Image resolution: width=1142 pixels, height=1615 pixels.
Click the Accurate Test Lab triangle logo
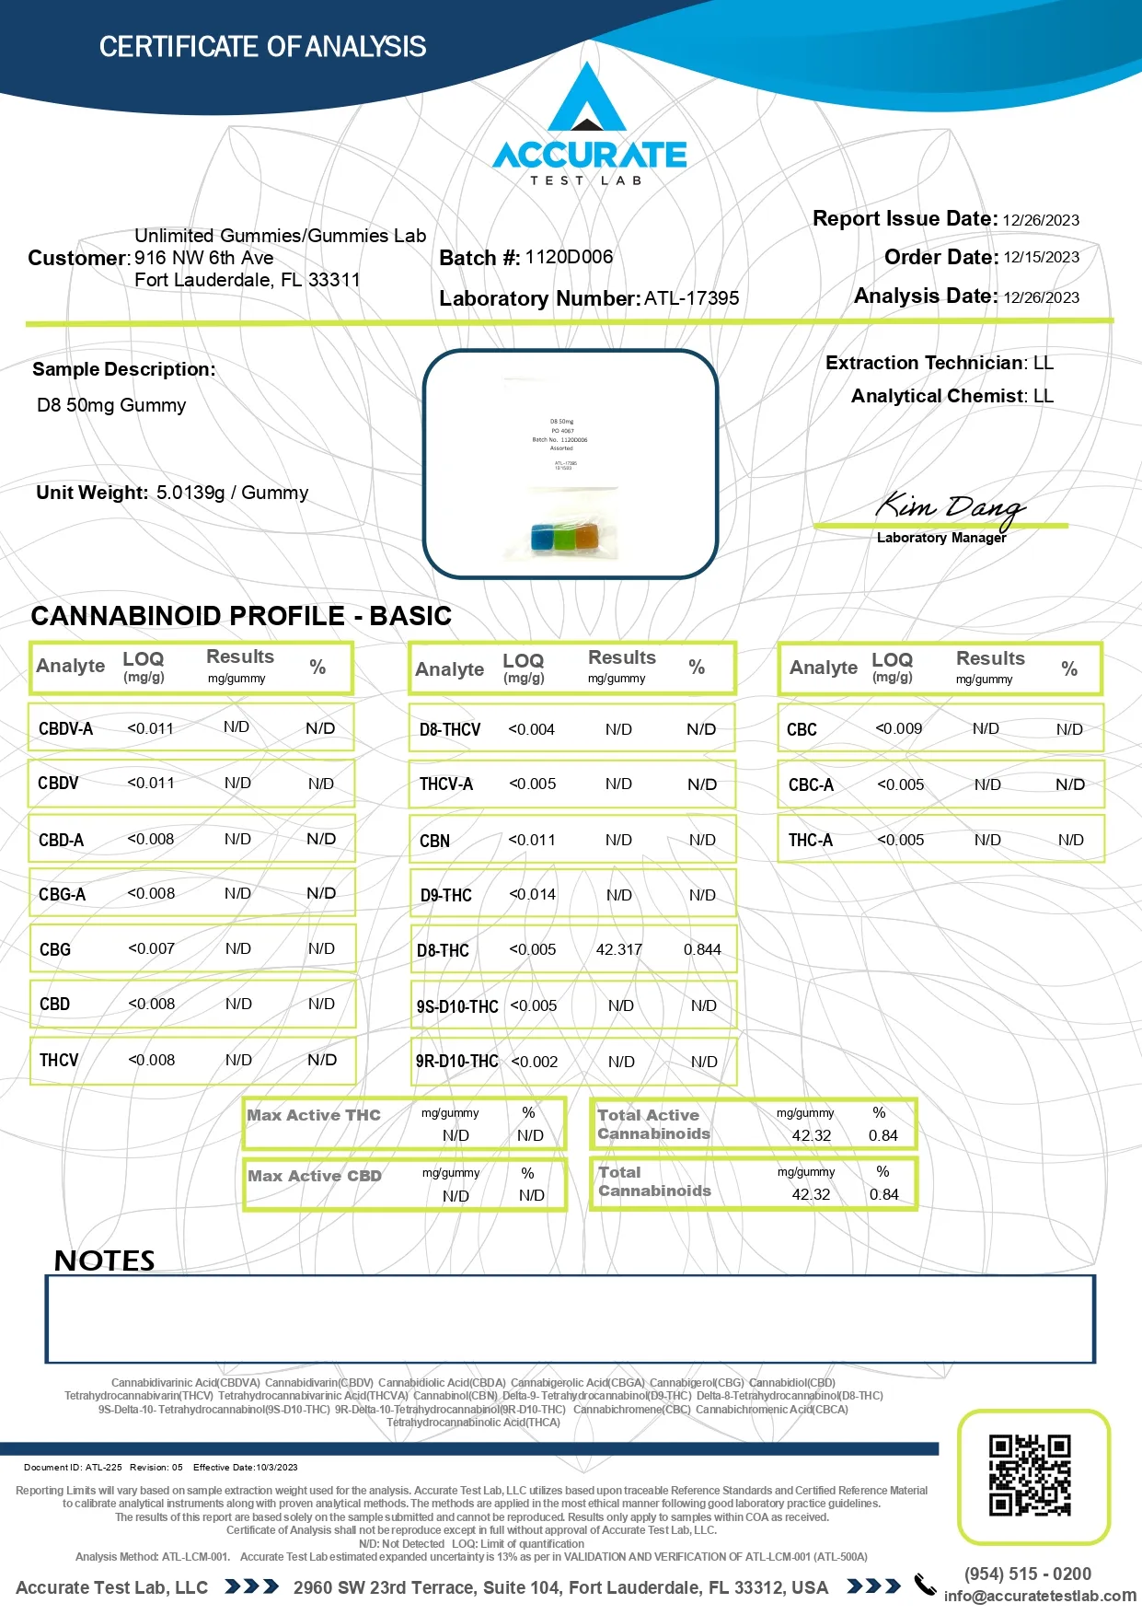pos(587,100)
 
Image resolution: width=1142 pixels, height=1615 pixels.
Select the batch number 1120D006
pos(569,257)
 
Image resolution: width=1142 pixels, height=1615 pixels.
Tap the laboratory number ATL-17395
pos(691,298)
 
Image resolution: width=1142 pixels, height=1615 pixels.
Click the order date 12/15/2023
pos(1041,258)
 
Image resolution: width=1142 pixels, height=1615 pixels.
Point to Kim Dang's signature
pos(949,506)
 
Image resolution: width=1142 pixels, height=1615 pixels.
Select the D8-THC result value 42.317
pos(618,949)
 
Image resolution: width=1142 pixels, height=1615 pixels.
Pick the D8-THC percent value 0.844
pos(702,949)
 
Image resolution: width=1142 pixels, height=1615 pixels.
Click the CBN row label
pos(434,841)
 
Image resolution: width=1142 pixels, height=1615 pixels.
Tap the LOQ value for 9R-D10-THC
pos(535,1062)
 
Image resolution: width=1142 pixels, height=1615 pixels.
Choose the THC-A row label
pos(810,840)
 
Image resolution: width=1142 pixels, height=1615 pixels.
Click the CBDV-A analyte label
pos(65,728)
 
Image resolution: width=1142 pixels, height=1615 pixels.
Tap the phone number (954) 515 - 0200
pos(1027,1574)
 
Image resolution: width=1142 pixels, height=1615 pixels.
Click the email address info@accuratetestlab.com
pos(1040,1596)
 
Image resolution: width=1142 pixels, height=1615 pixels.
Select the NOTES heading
pos(104,1260)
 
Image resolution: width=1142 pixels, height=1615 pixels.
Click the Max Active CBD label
pos(314,1176)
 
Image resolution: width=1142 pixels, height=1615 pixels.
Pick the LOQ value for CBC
pos(898,728)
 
